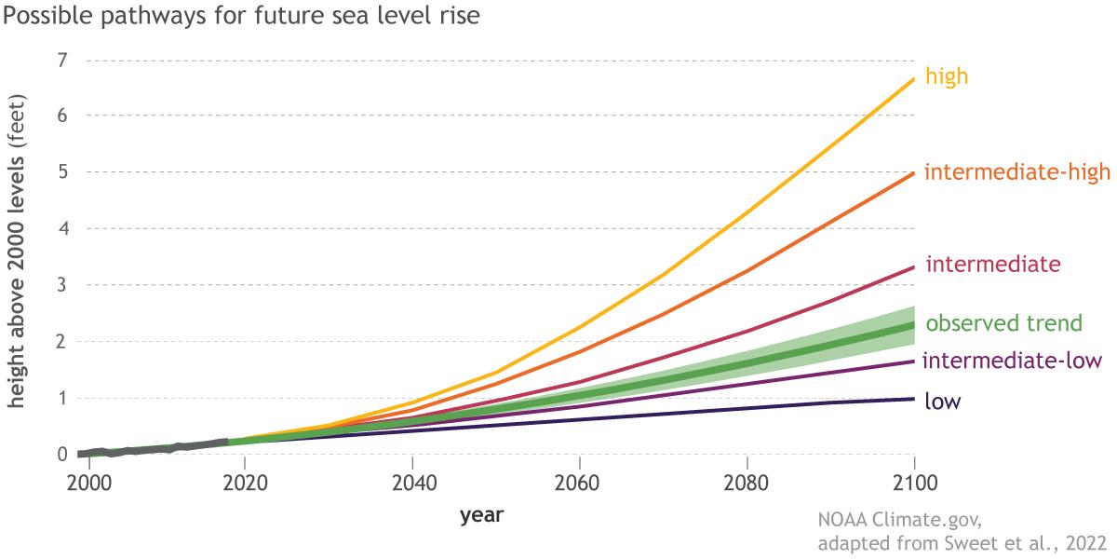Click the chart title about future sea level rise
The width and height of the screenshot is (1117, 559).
pos(241,18)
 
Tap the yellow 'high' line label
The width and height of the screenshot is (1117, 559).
pos(946,76)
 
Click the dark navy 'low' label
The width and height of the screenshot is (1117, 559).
pos(943,402)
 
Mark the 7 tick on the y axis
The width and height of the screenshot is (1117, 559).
pos(63,61)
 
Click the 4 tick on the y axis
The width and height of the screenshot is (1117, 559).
pos(63,229)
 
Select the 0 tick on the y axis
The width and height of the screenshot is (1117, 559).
pos(63,455)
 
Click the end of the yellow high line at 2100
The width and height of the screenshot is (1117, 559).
pos(914,79)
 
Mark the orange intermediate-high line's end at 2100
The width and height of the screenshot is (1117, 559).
pos(914,173)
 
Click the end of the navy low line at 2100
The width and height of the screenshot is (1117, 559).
pos(914,399)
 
